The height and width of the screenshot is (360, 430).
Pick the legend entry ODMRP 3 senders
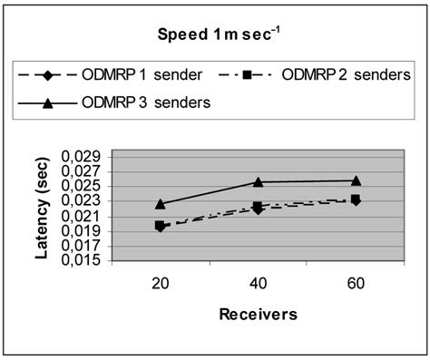[145, 102]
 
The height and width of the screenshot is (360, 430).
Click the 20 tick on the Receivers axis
[160, 282]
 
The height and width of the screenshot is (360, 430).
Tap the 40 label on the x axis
[258, 282]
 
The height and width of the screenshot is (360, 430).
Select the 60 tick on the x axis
[356, 282]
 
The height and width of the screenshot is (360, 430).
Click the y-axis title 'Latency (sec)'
[43, 208]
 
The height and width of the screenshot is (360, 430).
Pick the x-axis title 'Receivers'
[258, 314]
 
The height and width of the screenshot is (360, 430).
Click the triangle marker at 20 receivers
[160, 204]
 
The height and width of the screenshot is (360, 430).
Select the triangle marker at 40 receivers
[258, 182]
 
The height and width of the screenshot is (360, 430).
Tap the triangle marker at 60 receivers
[356, 180]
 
